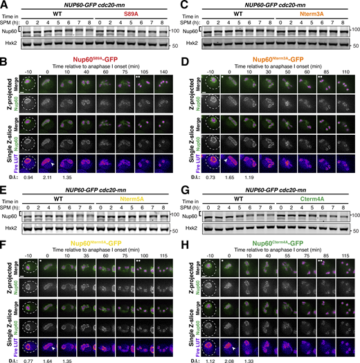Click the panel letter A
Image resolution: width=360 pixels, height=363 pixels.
pos(4,5)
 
